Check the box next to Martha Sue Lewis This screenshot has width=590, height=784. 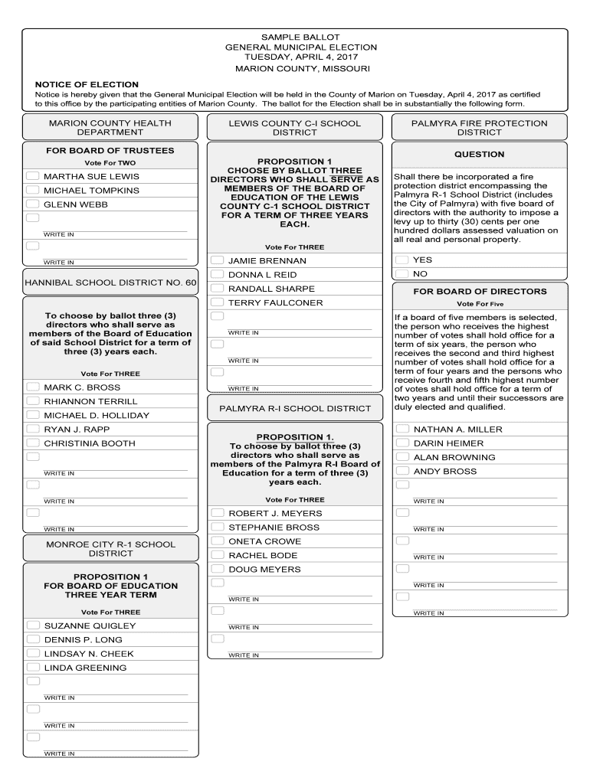32,176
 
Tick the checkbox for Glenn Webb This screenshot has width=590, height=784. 32,204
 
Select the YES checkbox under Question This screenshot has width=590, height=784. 402,260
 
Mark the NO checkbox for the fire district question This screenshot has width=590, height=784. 402,273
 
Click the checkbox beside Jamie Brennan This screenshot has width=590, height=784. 217,260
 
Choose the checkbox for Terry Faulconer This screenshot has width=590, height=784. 217,302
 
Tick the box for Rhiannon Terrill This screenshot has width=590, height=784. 32,401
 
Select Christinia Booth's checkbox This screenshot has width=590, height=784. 32,443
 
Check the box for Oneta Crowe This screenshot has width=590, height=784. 217,541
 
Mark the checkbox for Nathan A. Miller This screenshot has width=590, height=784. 402,429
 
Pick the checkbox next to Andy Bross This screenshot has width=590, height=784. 402,471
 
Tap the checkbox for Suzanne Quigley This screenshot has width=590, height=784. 32,626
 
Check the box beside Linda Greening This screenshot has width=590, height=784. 32,668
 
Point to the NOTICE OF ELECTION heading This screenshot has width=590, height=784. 87,84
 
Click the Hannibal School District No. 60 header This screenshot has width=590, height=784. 110,283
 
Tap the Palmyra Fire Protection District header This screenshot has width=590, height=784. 479,127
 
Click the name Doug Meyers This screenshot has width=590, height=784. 264,570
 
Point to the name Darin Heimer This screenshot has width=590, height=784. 448,443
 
